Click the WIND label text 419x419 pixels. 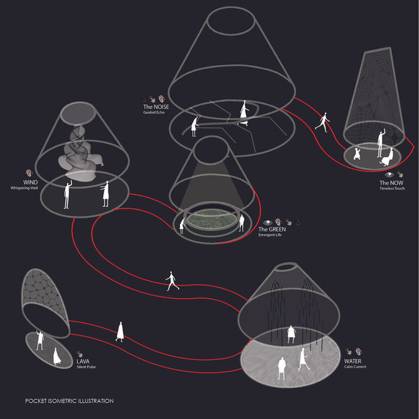31,182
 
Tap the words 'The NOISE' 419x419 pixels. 156,107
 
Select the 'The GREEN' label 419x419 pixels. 272,229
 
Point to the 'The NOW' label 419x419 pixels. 391,183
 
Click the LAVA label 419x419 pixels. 83,362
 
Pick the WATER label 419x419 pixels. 353,361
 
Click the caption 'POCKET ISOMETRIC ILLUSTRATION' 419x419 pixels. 69,401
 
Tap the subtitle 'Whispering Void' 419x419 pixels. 24,188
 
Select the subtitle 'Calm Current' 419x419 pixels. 355,366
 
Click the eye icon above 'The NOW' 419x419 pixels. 389,175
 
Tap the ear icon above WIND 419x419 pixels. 29,173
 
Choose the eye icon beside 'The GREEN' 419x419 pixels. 268,222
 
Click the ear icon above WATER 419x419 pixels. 359,352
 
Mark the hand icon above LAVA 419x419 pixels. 80,354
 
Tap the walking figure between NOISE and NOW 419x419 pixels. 323,122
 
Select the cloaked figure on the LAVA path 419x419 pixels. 120,332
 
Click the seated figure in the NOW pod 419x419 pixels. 387,157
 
